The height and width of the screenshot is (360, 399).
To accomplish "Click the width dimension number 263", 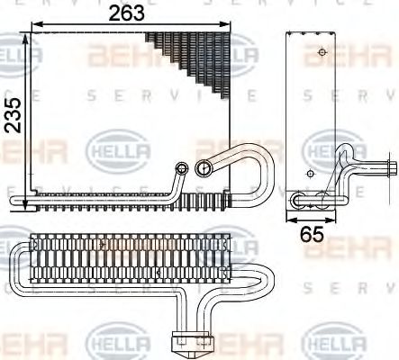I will click(x=128, y=13).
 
